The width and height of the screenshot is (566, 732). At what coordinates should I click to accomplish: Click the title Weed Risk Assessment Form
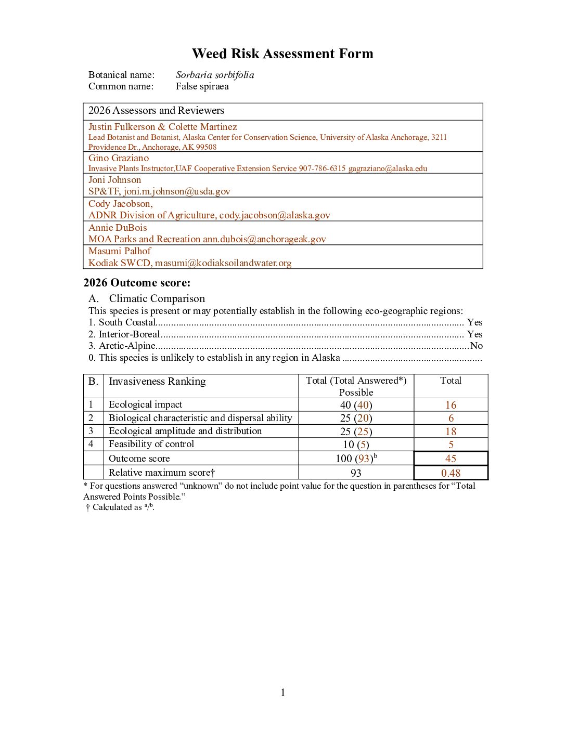282,54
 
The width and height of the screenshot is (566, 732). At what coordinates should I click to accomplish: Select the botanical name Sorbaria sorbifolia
215,75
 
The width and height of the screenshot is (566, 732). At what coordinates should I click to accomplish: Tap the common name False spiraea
202,86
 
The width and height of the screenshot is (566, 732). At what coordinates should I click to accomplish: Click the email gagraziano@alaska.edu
388,168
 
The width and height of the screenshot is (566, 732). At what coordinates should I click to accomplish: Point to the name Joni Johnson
114,180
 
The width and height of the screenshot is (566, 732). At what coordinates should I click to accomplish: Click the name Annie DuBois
118,228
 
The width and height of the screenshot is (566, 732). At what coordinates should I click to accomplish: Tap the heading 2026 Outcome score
137,283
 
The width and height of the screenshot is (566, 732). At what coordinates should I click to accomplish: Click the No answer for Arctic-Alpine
476,346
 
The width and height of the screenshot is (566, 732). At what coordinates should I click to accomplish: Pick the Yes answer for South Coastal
474,322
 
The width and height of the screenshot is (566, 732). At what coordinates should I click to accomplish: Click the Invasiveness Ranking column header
157,382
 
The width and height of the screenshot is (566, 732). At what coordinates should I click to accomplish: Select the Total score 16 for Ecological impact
451,405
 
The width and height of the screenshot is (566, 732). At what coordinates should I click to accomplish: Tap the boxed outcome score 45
451,459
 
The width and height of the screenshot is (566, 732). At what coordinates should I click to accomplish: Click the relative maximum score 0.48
451,473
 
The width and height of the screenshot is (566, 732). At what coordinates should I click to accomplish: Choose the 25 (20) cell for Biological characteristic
356,418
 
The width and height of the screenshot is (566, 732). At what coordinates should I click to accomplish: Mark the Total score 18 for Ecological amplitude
451,432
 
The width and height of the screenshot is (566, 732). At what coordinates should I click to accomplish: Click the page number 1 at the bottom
282,692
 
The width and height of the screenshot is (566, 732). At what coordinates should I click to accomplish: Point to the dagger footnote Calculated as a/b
121,507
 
